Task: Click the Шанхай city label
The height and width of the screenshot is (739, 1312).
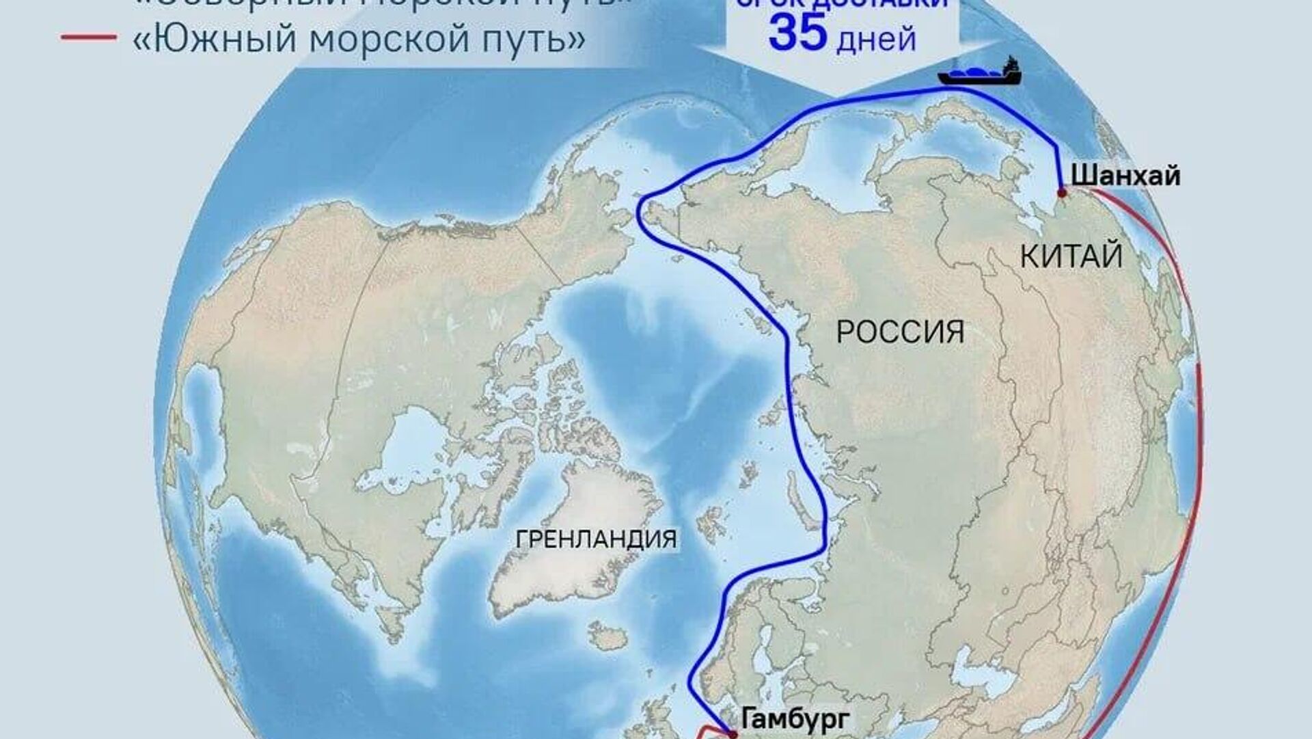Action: tap(1125, 176)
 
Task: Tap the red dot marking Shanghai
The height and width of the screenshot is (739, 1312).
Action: tap(1061, 193)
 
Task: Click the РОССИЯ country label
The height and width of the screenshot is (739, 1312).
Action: tap(900, 333)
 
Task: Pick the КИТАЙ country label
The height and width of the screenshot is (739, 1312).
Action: tap(1071, 257)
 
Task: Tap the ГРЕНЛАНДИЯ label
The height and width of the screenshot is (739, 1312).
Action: tap(596, 539)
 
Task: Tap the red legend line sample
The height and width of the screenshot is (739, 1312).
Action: tap(89, 38)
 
